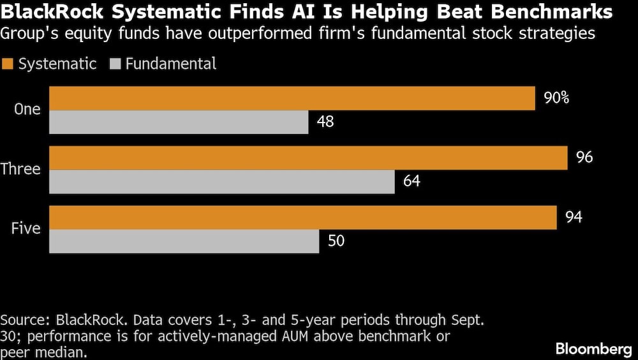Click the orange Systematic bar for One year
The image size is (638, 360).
[292, 98]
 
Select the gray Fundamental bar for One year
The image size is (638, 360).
[179, 122]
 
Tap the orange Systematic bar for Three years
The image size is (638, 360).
[308, 158]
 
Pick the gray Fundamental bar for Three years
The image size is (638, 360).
[222, 182]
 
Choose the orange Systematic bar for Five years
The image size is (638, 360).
[303, 218]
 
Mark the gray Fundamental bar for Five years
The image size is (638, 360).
[184, 241]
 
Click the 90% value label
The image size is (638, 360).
[556, 98]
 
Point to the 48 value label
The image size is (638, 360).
[325, 122]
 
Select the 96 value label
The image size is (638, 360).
[584, 158]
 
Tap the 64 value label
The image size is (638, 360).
[412, 182]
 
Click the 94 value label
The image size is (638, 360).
[574, 218]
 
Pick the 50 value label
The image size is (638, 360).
[336, 241]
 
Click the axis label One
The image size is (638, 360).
[27, 110]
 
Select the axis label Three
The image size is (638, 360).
[21, 169]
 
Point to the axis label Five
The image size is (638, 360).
[26, 229]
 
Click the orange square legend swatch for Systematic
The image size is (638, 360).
[8, 64]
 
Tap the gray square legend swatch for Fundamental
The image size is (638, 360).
[115, 64]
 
